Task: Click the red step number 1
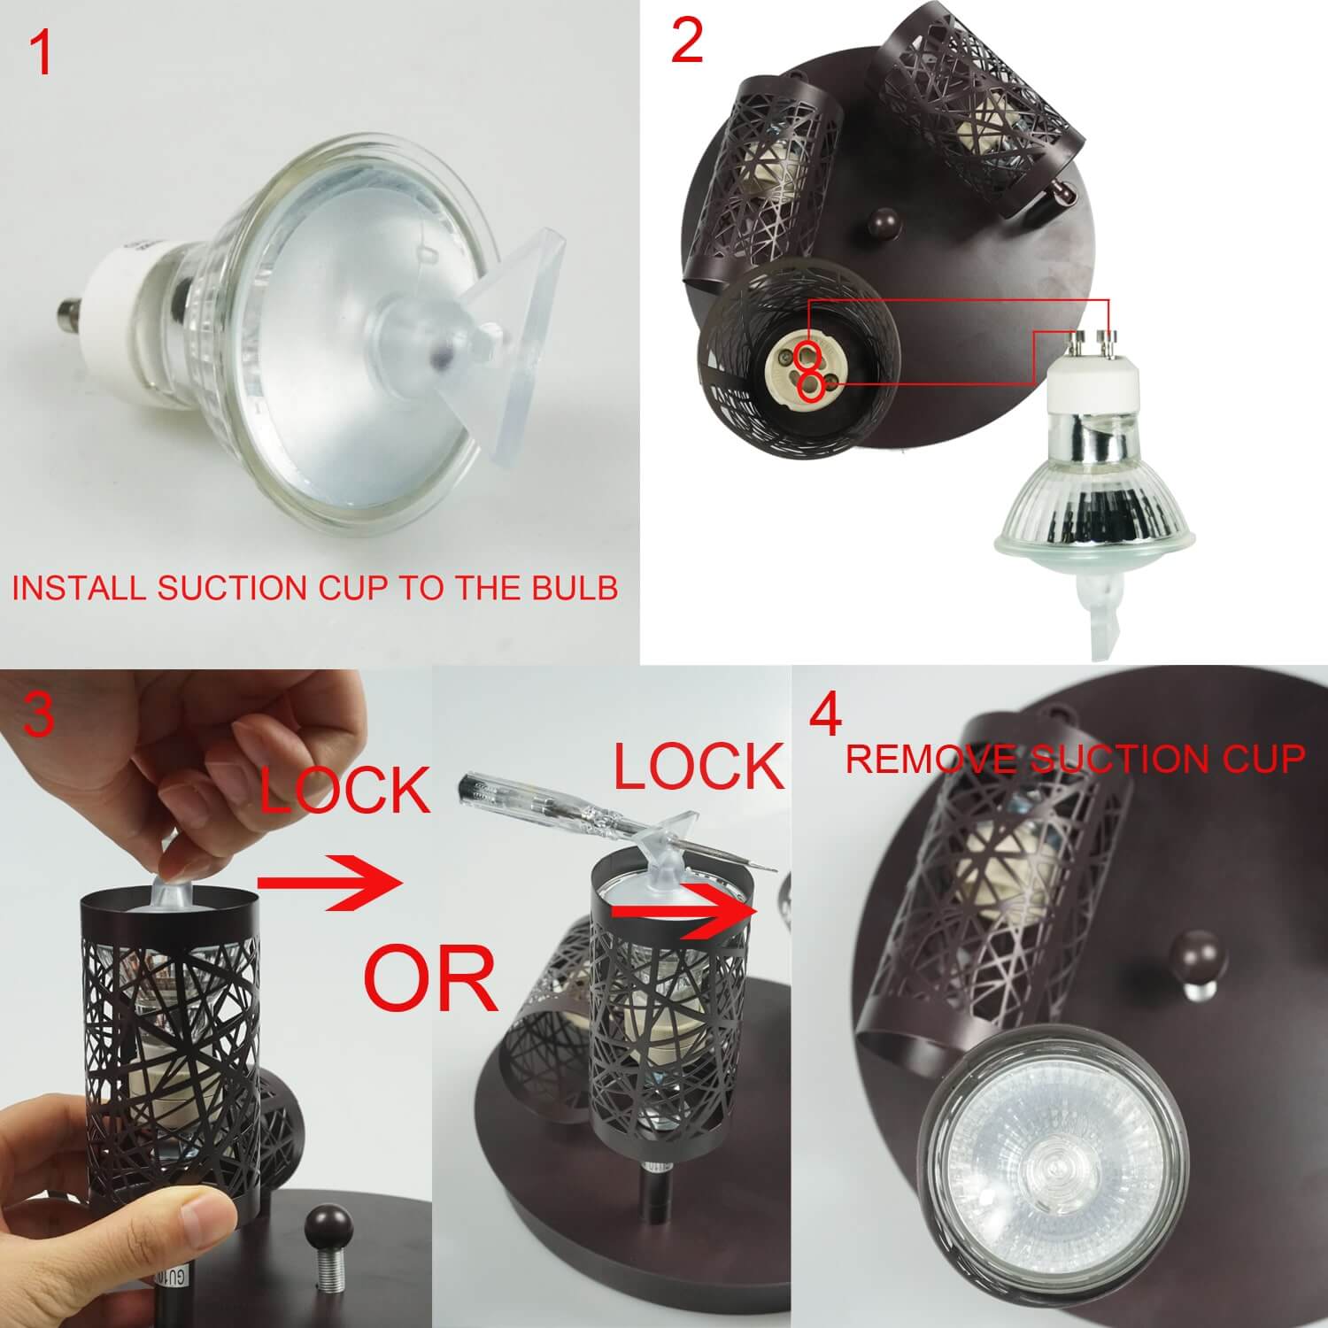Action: point(42,53)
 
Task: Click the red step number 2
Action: point(687,42)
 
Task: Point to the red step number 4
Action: point(825,718)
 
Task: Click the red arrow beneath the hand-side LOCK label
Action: point(325,882)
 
